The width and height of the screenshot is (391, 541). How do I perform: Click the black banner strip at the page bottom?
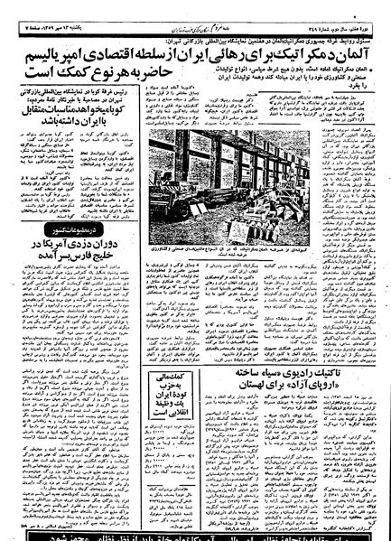tap(195, 532)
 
